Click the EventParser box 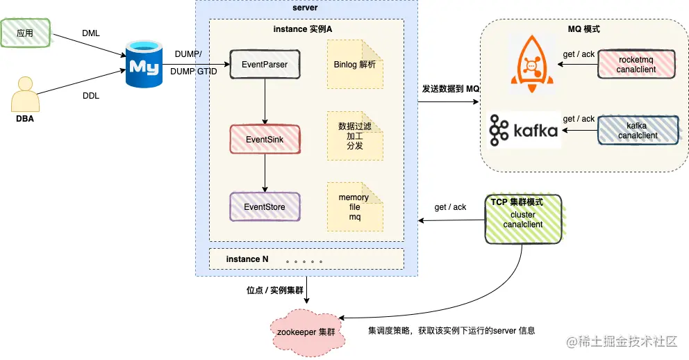click(x=265, y=65)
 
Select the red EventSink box click(x=265, y=140)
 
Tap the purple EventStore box click(x=265, y=207)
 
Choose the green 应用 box click(x=26, y=33)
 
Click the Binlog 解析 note click(x=355, y=65)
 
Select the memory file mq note click(x=355, y=207)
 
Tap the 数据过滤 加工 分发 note click(x=355, y=136)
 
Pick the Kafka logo click(x=524, y=130)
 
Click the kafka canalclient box click(x=636, y=130)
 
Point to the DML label click(x=90, y=33)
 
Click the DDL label click(x=90, y=96)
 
